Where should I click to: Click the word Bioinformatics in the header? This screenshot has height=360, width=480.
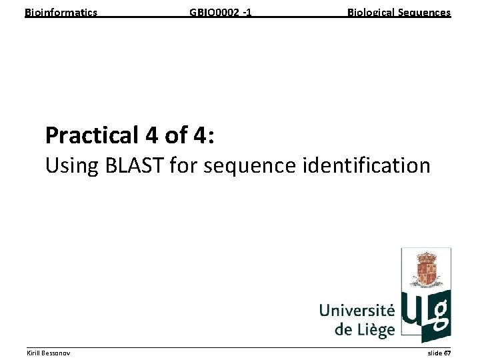61,13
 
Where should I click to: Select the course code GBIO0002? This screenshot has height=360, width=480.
213,13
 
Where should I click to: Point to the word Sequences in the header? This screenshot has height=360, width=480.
427,13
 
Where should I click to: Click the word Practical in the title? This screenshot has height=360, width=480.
91,135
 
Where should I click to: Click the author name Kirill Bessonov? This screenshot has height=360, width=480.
47,352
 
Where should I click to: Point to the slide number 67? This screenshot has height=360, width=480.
447,352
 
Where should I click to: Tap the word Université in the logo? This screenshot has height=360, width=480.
357,311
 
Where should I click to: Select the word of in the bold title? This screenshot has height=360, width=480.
176,135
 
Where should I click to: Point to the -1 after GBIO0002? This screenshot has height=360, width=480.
247,13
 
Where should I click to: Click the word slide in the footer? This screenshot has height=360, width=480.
434,352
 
